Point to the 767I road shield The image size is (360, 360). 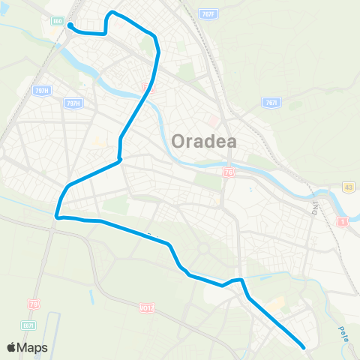(271, 103)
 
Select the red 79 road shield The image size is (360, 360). (33, 304)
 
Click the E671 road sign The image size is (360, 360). (29, 323)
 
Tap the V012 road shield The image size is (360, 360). (146, 307)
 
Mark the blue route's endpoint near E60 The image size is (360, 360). (70, 25)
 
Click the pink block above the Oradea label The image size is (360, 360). (213, 121)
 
